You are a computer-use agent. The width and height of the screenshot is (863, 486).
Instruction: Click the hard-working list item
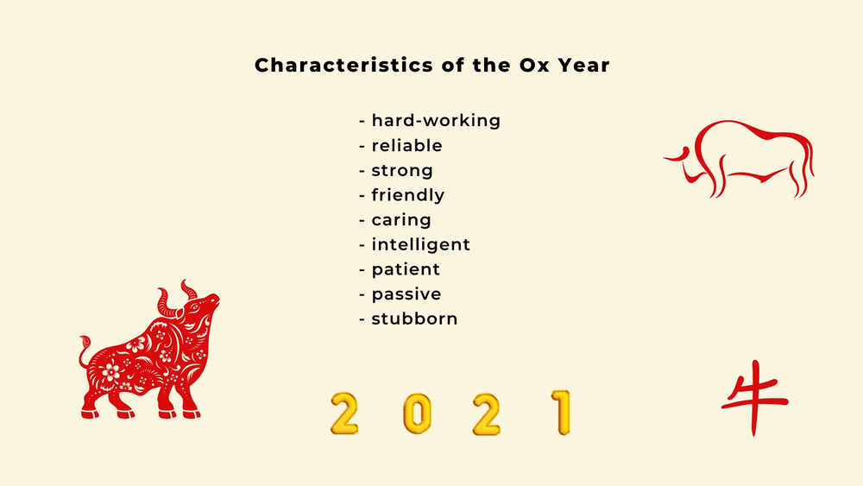pyautogui.click(x=436, y=121)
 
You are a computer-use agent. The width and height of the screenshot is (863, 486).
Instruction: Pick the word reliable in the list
pyautogui.click(x=406, y=146)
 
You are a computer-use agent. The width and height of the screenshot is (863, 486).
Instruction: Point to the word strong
pyautogui.click(x=402, y=171)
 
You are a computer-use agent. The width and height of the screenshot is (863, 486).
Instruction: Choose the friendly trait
pyautogui.click(x=407, y=196)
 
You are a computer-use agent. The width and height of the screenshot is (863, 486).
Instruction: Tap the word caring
pyautogui.click(x=401, y=221)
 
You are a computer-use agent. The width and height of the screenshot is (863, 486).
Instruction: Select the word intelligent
pyautogui.click(x=420, y=245)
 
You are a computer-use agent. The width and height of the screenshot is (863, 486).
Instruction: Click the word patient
pyautogui.click(x=406, y=270)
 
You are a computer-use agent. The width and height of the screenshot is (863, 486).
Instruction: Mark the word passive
pyautogui.click(x=406, y=294)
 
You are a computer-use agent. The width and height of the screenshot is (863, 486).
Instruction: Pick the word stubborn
pyautogui.click(x=414, y=319)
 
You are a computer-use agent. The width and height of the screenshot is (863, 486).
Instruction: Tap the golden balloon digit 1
pyautogui.click(x=561, y=413)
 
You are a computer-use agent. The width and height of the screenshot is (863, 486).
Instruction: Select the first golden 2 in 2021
pyautogui.click(x=345, y=413)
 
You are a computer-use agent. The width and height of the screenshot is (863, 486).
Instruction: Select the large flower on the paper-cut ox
pyautogui.click(x=110, y=372)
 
